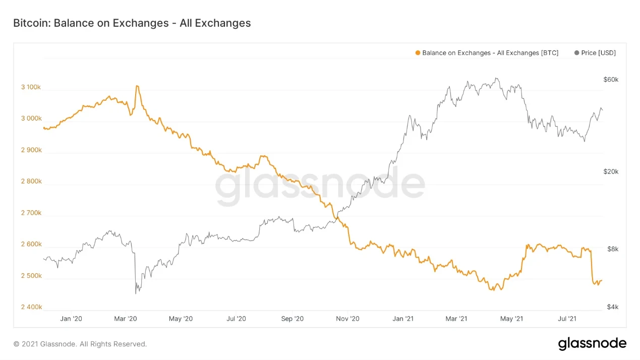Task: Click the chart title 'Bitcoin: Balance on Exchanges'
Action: coord(132,23)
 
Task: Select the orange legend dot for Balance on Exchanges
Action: coord(418,53)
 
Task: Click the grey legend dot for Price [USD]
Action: coord(576,53)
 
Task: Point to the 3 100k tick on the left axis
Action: coord(31,87)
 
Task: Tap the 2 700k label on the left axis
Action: coord(31,213)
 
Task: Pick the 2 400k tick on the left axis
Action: coord(31,307)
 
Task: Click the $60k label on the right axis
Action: coord(611,80)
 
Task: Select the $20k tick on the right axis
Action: coord(611,171)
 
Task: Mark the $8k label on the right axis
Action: coord(612,249)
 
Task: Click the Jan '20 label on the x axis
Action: coord(71,319)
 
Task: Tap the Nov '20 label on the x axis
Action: coord(347,319)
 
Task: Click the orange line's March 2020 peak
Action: coord(137,86)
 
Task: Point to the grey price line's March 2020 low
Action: coord(136,293)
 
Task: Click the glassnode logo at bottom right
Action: coord(592,344)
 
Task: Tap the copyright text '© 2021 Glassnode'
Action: coord(80,344)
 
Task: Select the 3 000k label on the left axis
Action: coord(31,118)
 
